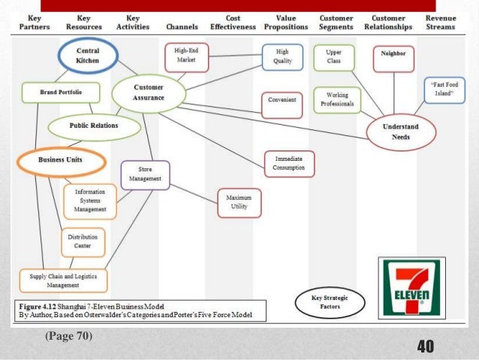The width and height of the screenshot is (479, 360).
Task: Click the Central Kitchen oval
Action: point(88,56)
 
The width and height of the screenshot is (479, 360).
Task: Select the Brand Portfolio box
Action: point(50,92)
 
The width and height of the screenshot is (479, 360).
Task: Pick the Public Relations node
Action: point(94,126)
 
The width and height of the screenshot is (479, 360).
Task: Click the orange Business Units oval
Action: point(61,160)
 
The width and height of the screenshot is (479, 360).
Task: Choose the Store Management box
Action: point(145,175)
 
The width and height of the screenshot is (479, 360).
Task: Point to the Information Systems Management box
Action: point(90,201)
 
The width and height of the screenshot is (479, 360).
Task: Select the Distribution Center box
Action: point(83,241)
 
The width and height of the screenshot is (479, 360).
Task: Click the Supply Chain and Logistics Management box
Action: point(64,280)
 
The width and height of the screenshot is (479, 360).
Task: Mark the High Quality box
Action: point(283,56)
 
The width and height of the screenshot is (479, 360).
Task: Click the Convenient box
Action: point(282,99)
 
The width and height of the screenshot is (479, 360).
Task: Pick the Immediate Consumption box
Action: point(289,163)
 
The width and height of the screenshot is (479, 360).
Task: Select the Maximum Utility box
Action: point(238,200)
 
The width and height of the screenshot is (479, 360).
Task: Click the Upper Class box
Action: point(334,56)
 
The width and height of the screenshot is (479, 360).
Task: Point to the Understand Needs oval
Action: point(400,132)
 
